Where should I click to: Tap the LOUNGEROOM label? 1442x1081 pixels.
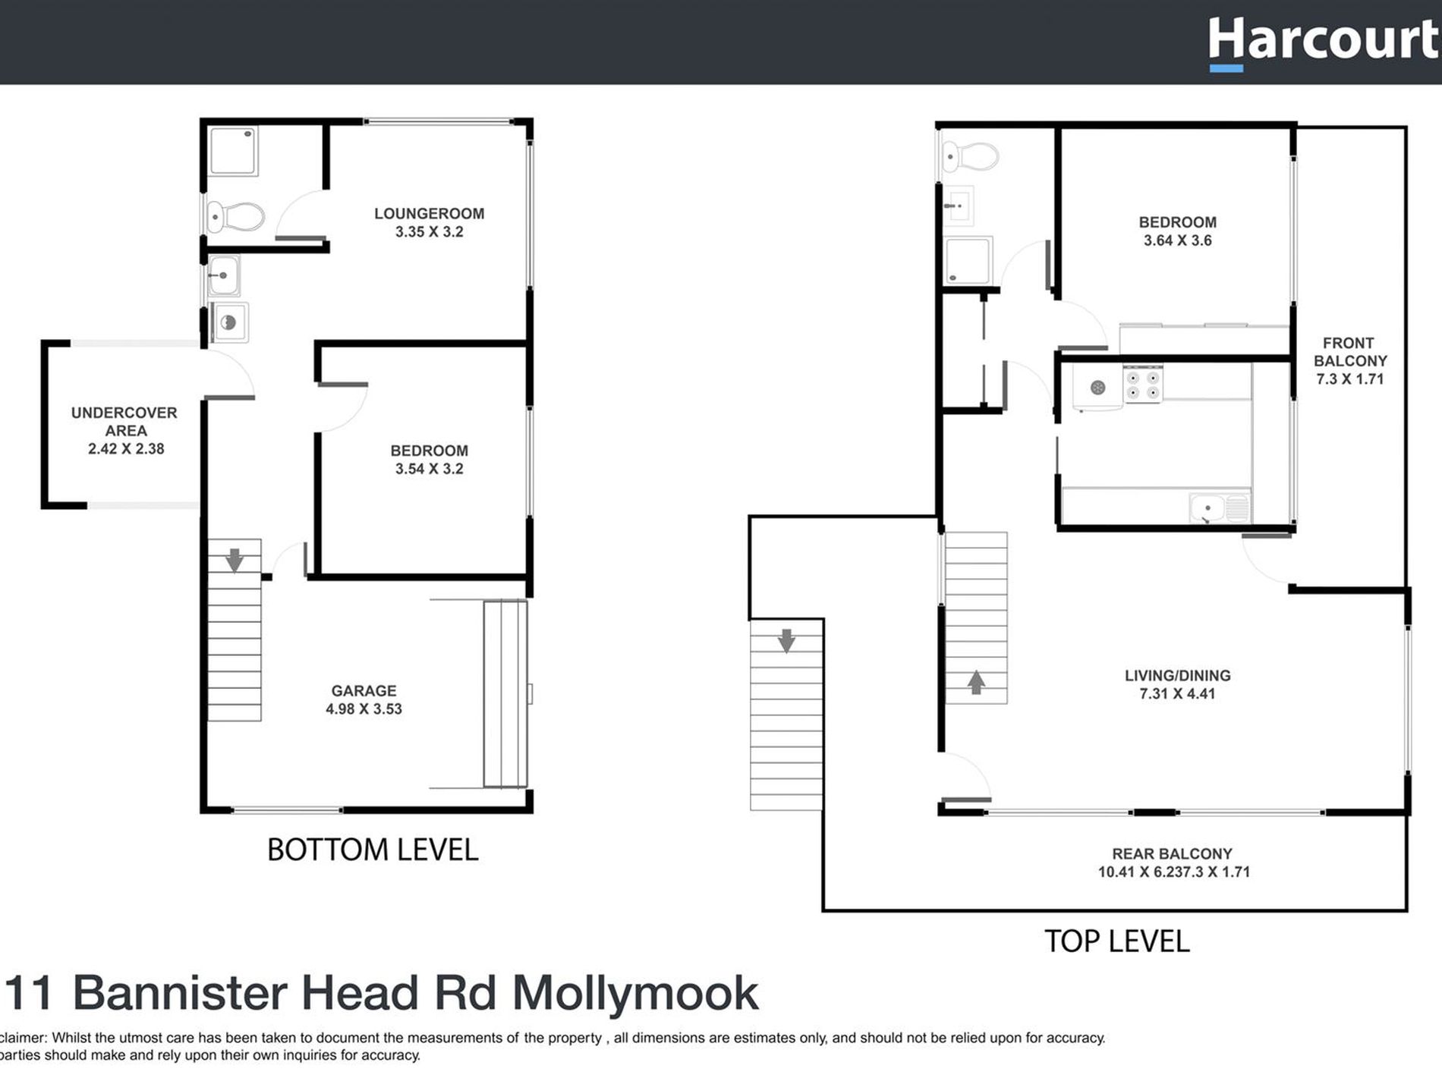(x=429, y=214)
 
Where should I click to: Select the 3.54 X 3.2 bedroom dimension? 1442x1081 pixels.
(x=429, y=469)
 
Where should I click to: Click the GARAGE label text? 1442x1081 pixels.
(x=364, y=690)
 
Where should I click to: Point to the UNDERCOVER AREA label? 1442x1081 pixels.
(x=124, y=422)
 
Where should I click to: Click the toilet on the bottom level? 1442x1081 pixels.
(x=236, y=217)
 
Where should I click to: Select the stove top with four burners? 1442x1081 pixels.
(x=1142, y=384)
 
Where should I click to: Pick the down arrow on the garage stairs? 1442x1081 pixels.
(x=235, y=560)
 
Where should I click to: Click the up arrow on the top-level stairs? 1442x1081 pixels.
(x=976, y=682)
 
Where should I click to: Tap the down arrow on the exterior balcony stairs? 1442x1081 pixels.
(x=786, y=641)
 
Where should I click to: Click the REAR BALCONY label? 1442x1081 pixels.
(x=1172, y=853)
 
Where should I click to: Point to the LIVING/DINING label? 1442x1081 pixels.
(x=1177, y=675)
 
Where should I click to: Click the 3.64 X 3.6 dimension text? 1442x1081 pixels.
(x=1177, y=240)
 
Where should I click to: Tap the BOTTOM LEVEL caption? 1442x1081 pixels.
(x=373, y=850)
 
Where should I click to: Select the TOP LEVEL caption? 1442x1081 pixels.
(x=1116, y=941)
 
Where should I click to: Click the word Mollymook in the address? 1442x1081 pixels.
(x=635, y=993)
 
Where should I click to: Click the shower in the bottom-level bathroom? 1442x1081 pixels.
(x=233, y=152)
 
